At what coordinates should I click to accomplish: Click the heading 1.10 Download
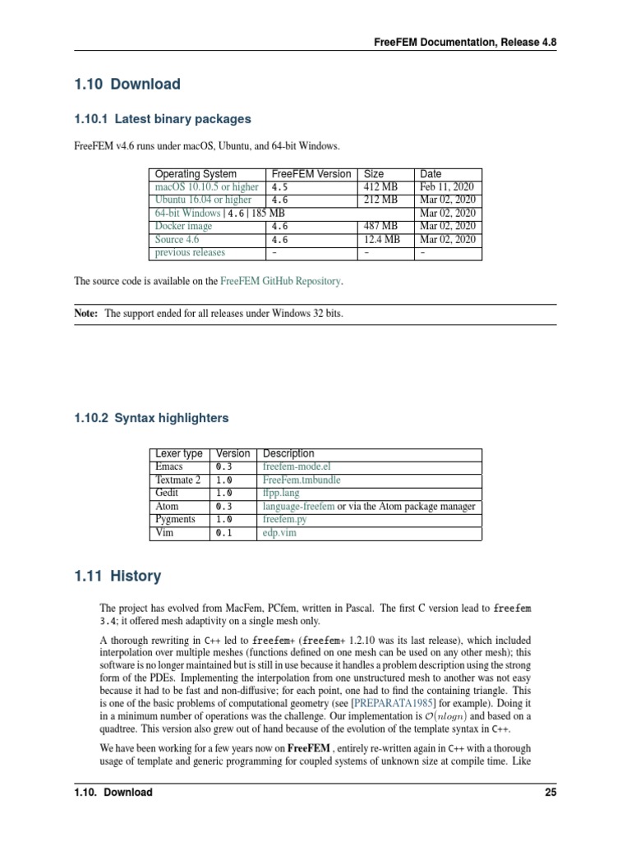pyautogui.click(x=127, y=84)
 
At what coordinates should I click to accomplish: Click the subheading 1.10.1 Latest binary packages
pyautogui.click(x=163, y=119)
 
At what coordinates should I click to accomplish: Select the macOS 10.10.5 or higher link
pyautogui.click(x=206, y=186)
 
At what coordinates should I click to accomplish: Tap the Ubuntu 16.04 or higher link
pyautogui.click(x=203, y=200)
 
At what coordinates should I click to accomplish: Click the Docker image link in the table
pyautogui.click(x=183, y=226)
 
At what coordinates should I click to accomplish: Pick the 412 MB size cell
pyautogui.click(x=380, y=186)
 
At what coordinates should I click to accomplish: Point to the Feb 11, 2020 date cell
pyautogui.click(x=448, y=186)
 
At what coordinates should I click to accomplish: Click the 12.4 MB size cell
pyautogui.click(x=382, y=239)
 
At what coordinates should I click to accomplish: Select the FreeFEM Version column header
pyautogui.click(x=311, y=174)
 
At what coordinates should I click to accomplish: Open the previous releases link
pyautogui.click(x=189, y=252)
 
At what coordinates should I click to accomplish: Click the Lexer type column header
pyautogui.click(x=178, y=453)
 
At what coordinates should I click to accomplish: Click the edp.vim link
pyautogui.click(x=280, y=533)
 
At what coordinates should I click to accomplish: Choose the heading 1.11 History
pyautogui.click(x=117, y=576)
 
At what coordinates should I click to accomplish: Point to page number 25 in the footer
pyautogui.click(x=550, y=793)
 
